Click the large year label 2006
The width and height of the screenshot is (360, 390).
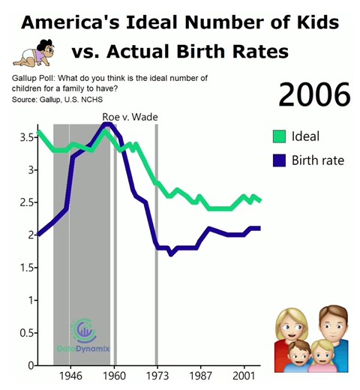[314, 95]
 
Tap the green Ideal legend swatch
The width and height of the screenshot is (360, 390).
[280, 136]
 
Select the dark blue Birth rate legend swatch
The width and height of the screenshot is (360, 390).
[280, 160]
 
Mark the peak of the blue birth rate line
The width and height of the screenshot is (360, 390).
[106, 124]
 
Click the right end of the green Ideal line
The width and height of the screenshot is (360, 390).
[259, 200]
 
